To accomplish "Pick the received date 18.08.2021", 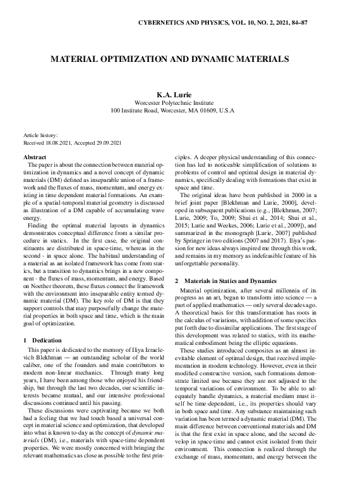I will (62, 143).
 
